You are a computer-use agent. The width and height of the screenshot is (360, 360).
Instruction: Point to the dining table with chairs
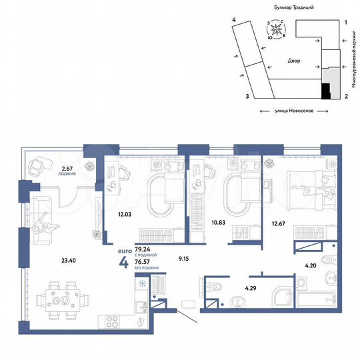click(65, 295)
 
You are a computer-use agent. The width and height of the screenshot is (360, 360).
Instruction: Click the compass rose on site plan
click(275, 30)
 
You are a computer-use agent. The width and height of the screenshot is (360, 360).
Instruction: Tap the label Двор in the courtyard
click(294, 61)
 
